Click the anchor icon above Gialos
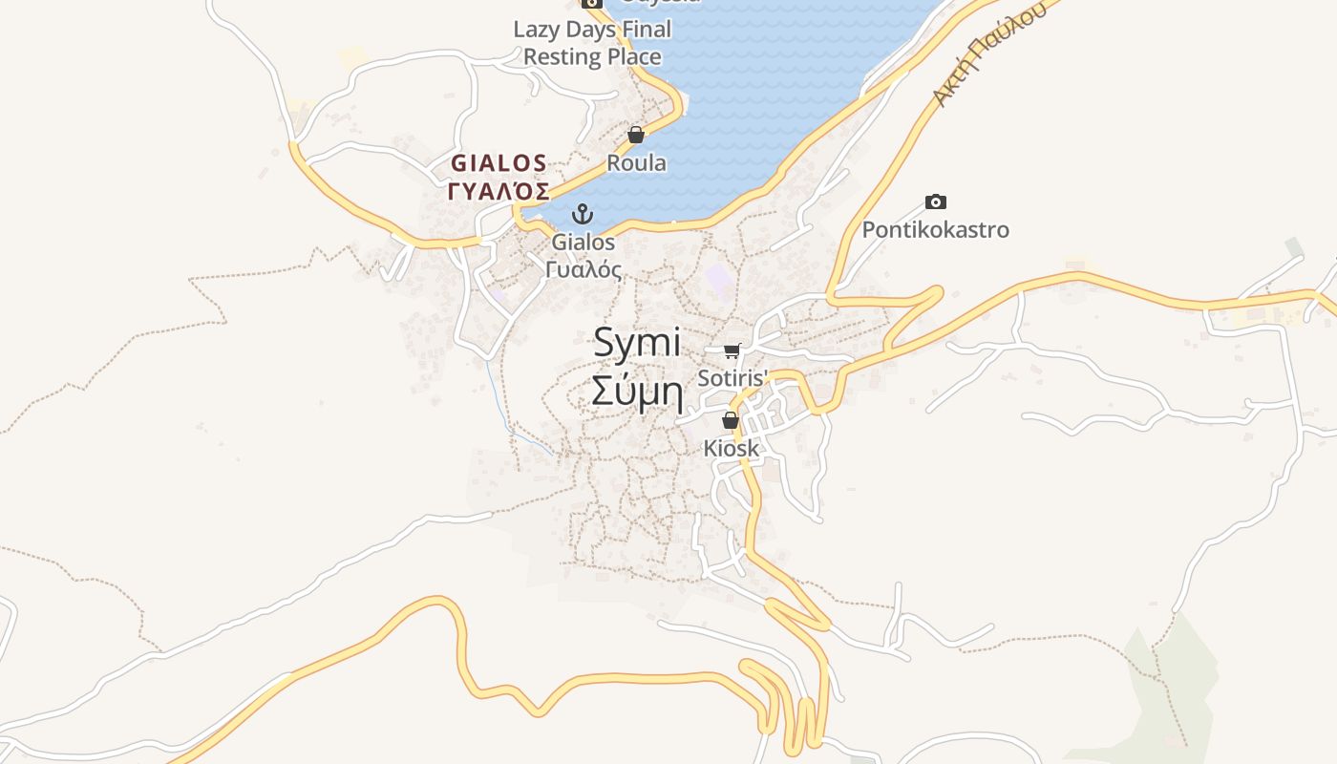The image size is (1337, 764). coord(582,214)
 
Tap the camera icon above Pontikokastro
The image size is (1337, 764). coord(936,202)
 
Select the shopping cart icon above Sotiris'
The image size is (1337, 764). coord(732,350)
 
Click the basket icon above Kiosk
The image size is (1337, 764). coord(731,420)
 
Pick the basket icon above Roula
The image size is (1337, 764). coord(636,135)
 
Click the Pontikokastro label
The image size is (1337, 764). coord(935,230)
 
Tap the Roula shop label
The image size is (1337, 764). coord(636,163)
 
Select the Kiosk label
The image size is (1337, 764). coord(732,448)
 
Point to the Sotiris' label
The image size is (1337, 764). coord(732,378)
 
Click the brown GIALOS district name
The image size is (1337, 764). coord(499,163)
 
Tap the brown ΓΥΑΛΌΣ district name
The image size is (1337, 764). coord(499,191)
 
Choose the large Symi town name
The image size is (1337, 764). coord(637,343)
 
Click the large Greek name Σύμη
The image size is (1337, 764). coord(637,391)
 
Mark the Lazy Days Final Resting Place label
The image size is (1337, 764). coord(592,43)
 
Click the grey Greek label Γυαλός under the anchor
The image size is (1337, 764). coord(584,269)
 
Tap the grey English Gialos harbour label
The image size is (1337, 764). coord(583,243)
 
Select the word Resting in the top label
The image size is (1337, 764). coord(562,57)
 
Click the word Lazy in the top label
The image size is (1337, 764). coord(536,30)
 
